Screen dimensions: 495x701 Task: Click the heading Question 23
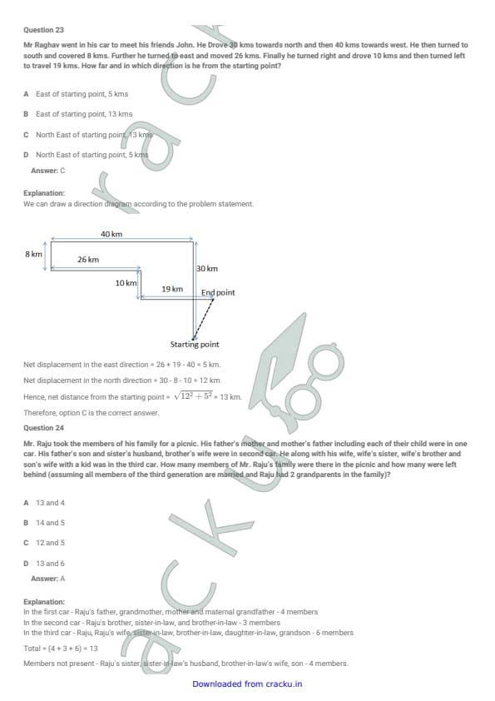coord(43,30)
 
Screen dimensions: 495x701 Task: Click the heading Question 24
coord(43,428)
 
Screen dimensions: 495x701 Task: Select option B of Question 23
coord(77,114)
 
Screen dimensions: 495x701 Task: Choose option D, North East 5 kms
coord(86,155)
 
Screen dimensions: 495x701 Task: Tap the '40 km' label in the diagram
coord(111,234)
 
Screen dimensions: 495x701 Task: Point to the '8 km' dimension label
coord(33,254)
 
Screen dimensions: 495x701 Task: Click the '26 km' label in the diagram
coord(88,259)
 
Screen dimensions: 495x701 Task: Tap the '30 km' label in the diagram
coord(207,268)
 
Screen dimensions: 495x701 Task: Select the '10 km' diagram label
coord(126,283)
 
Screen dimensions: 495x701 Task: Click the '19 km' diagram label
coord(172,289)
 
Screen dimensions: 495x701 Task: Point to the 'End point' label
coord(218,292)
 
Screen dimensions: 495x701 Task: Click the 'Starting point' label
coord(195,344)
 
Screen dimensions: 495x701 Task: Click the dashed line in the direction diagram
coord(203,319)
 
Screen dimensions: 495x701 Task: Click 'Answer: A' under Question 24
coord(47,579)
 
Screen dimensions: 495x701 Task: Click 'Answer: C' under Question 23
coord(47,171)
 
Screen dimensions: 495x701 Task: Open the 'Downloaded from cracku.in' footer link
coord(247,684)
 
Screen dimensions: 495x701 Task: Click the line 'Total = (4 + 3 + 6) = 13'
coord(60,649)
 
